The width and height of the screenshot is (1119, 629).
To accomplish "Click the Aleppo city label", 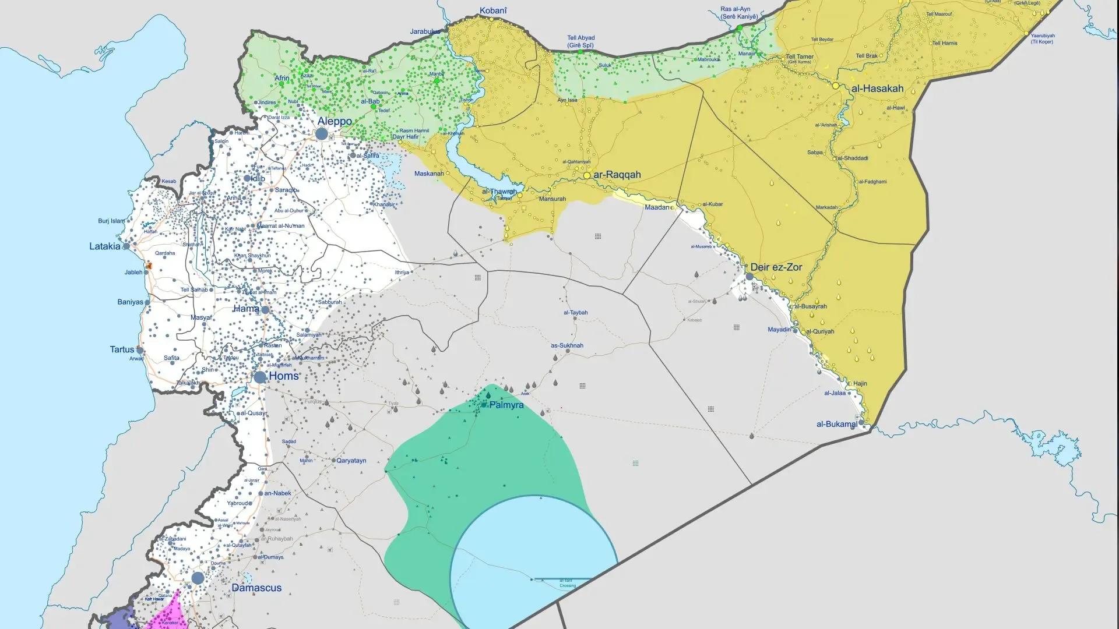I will point(335,121).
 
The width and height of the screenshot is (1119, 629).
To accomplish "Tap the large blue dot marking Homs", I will point(260,377).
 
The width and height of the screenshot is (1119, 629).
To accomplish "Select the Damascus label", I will point(256,588).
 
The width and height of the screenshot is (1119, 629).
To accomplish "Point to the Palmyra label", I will point(506,405).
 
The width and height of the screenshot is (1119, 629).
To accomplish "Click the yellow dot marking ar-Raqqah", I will point(587,175).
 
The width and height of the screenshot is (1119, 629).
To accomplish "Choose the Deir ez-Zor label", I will point(776,267).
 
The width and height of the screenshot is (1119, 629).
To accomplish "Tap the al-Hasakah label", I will point(877,89).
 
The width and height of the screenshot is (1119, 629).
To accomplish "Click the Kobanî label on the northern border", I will point(493,10).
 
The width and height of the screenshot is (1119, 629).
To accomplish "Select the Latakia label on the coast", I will point(104,246).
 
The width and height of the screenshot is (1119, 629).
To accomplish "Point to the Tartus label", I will point(122,349).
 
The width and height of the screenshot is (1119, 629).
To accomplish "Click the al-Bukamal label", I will point(836,424).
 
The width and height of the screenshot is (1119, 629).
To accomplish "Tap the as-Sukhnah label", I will point(567,345).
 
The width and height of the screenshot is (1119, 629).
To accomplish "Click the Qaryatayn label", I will point(351,460).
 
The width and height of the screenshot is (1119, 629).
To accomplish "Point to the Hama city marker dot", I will point(265,310).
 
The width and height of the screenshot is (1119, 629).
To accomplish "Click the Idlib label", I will point(257,178).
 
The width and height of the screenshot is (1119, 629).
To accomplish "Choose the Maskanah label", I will point(429,174).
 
